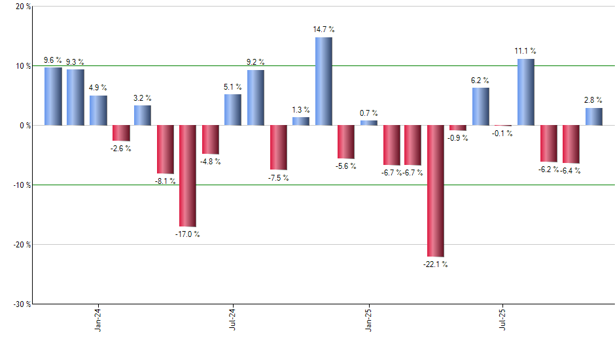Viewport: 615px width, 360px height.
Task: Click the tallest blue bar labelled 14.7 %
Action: [323, 81]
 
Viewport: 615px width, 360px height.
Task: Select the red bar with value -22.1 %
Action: [436, 190]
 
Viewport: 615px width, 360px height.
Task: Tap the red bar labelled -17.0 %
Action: [188, 175]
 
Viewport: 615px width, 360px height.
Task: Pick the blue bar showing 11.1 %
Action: [526, 92]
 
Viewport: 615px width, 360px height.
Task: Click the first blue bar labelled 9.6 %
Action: [53, 96]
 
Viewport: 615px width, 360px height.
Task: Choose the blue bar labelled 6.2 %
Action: [481, 106]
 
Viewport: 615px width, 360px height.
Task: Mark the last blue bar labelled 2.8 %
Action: [593, 117]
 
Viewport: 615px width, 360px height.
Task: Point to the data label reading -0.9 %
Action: [458, 138]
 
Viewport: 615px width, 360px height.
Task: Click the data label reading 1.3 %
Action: [301, 110]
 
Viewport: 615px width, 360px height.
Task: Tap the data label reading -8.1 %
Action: [165, 181]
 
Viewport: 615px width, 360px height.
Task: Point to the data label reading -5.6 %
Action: [345, 166]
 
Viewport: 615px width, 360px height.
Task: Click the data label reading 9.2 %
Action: [256, 62]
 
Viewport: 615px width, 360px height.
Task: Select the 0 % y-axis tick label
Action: [24, 126]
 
